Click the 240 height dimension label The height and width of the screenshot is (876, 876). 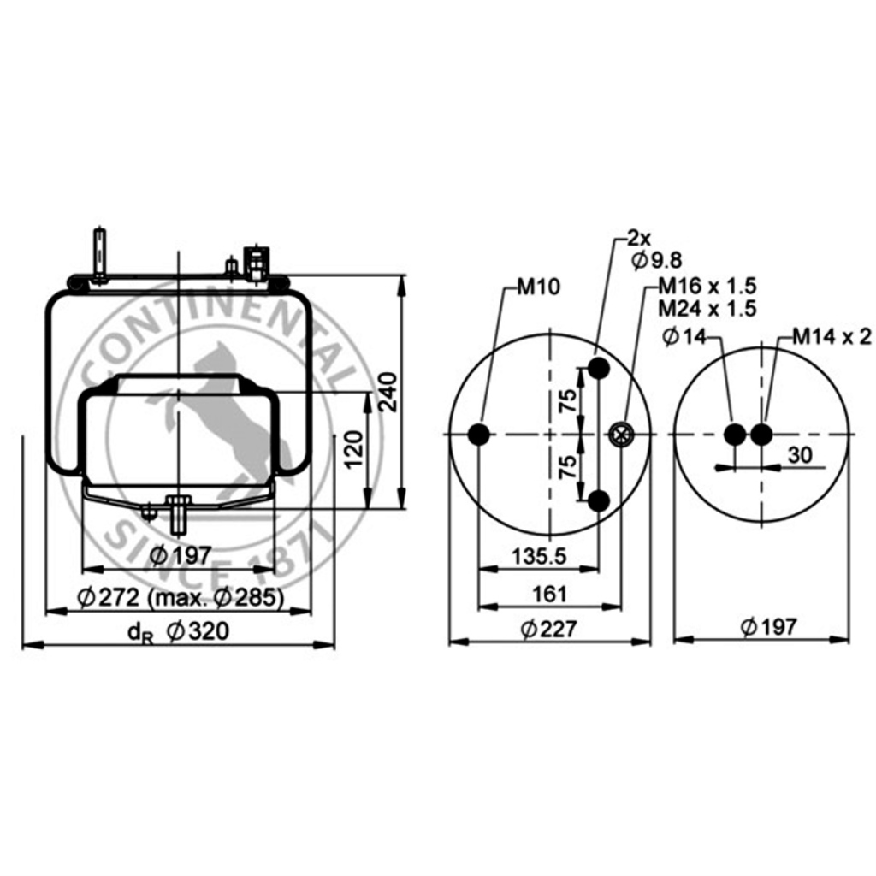[x=388, y=392]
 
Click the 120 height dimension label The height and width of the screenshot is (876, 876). [x=353, y=450]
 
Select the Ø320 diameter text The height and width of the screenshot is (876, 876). [x=198, y=631]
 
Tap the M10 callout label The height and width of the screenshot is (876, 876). [x=538, y=287]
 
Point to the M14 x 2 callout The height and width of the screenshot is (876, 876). [x=832, y=336]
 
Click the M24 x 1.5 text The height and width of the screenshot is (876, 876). [x=707, y=308]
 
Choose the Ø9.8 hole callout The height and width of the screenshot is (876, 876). [x=657, y=260]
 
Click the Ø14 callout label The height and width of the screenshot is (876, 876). [x=684, y=337]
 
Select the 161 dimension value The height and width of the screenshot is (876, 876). [x=550, y=594]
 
